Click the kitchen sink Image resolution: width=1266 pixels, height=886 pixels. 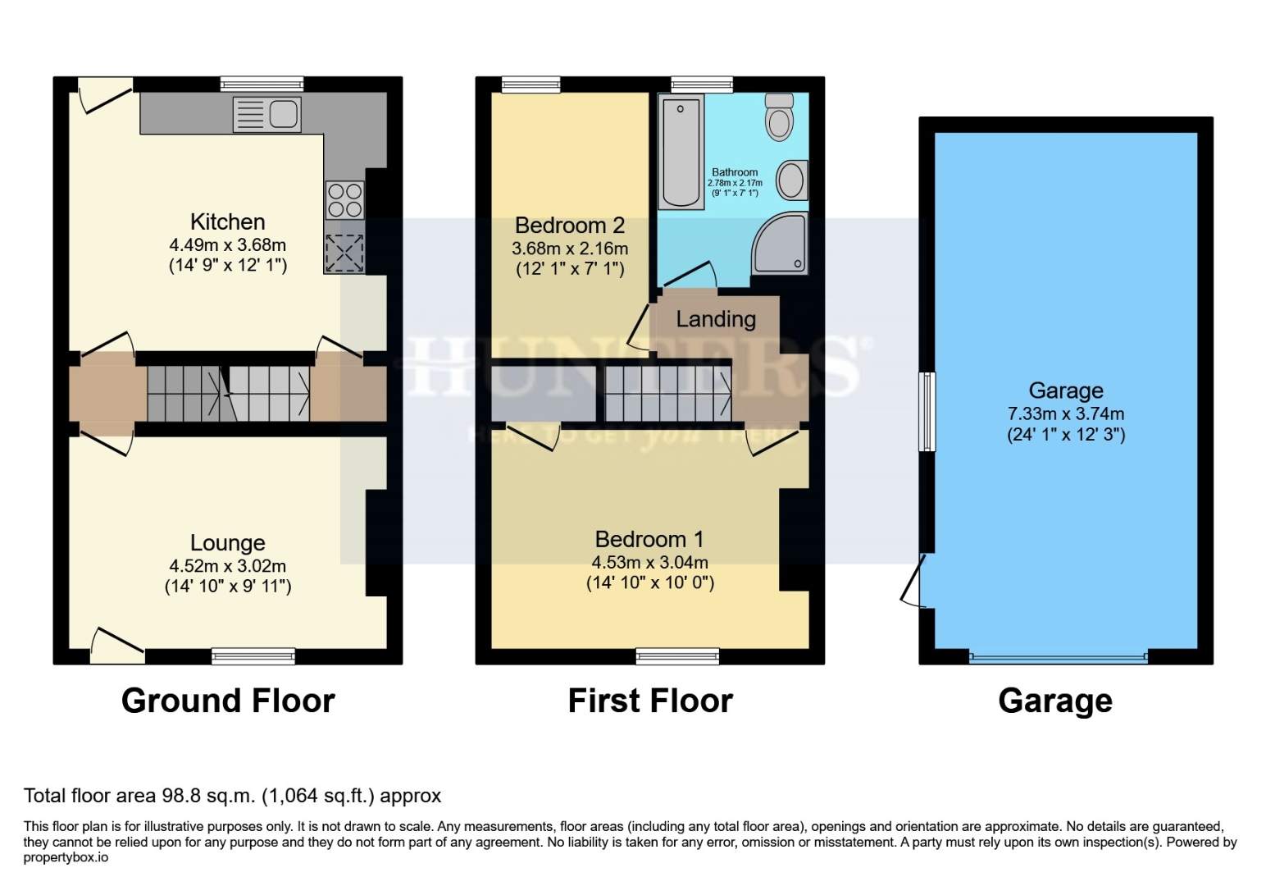[267, 114]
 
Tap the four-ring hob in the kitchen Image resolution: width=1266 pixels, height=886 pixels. [344, 200]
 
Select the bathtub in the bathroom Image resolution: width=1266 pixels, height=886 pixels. [681, 152]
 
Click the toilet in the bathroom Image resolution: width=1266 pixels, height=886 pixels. [779, 117]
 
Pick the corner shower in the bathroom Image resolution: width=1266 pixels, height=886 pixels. [780, 243]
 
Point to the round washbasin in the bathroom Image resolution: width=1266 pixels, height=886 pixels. [791, 180]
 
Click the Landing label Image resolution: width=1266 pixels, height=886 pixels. [715, 319]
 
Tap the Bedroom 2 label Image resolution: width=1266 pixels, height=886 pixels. [570, 226]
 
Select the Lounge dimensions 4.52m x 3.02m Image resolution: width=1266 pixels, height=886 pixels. [227, 566]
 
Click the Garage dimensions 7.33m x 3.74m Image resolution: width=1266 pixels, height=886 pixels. [1065, 413]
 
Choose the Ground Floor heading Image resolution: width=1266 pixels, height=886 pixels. [228, 701]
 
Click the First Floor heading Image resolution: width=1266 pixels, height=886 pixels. [650, 701]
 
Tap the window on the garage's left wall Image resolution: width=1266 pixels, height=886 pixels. [927, 412]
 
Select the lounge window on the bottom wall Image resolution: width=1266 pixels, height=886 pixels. [253, 655]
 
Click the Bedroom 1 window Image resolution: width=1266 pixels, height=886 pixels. [677, 655]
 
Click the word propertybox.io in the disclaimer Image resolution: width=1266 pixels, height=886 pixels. [66, 857]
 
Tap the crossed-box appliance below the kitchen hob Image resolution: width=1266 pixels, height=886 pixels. [344, 253]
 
